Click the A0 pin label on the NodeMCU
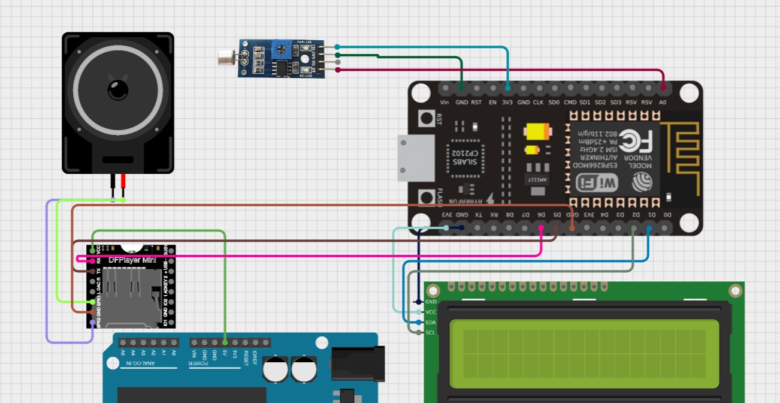[x=663, y=103]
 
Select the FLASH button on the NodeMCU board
[x=427, y=197]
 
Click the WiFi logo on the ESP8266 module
[x=597, y=182]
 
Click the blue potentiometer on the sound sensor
[x=282, y=50]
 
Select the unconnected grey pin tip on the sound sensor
[x=338, y=62]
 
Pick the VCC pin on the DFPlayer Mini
[x=92, y=250]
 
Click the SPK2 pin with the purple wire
[x=92, y=323]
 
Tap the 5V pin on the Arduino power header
[x=225, y=342]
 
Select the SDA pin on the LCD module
[x=418, y=322]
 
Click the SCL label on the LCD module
[x=430, y=332]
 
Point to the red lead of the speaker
[x=123, y=183]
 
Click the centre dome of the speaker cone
[x=118, y=90]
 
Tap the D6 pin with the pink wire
[x=541, y=228]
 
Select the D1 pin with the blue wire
[x=649, y=228]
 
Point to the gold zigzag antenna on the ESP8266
[x=684, y=156]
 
